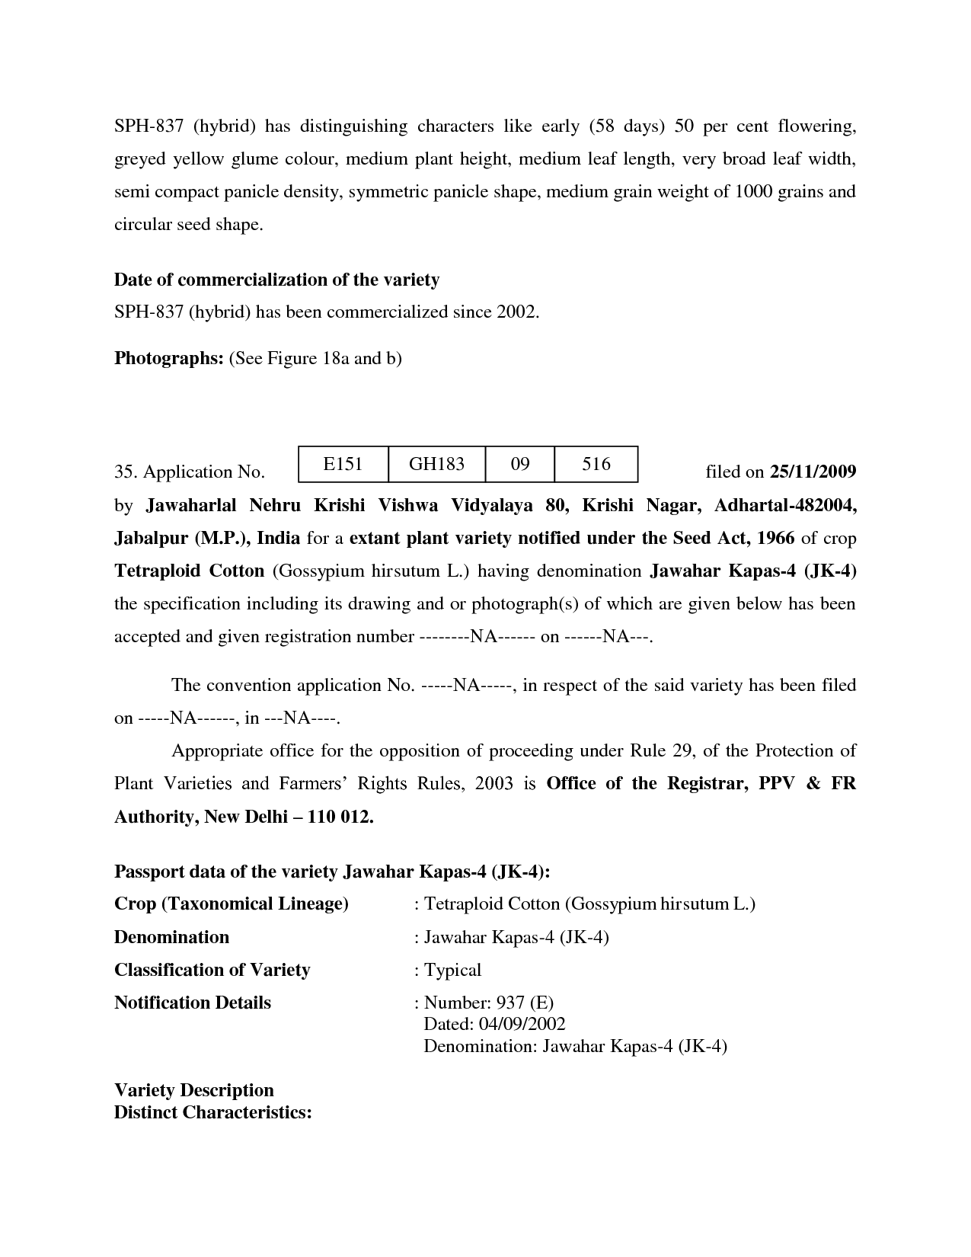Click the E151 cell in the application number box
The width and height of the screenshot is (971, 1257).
343,464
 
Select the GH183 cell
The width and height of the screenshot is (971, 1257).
436,464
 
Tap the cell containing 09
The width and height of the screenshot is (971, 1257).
520,464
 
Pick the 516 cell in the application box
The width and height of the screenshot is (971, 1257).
596,464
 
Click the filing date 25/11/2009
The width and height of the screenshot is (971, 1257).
813,472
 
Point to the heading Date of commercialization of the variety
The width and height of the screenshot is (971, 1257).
276,280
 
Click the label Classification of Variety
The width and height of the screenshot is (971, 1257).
212,970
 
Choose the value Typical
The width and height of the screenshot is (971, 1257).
452,970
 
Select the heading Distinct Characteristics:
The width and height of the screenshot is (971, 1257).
213,1112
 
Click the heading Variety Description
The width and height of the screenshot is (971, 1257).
193,1090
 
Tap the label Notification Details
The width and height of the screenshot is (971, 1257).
192,1003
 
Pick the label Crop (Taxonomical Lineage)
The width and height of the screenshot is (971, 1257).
231,904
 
